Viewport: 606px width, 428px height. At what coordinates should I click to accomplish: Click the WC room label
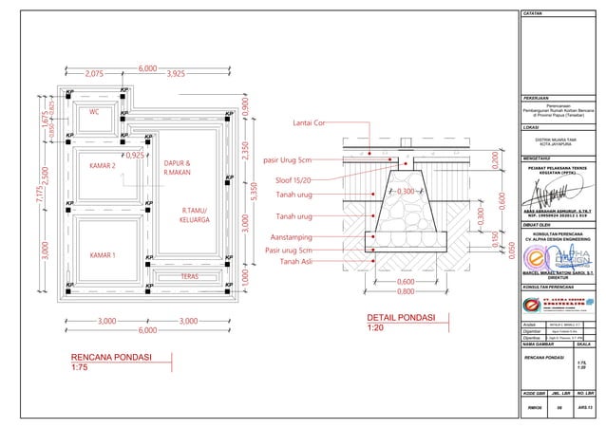[x=94, y=112]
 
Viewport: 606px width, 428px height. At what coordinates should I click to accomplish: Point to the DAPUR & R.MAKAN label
[x=177, y=167]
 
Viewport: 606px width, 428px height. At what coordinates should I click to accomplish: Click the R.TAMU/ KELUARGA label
[x=195, y=214]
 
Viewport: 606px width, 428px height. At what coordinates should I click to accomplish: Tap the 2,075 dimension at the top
[x=94, y=72]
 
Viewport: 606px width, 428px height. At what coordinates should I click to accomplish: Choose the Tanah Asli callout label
[x=302, y=262]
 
